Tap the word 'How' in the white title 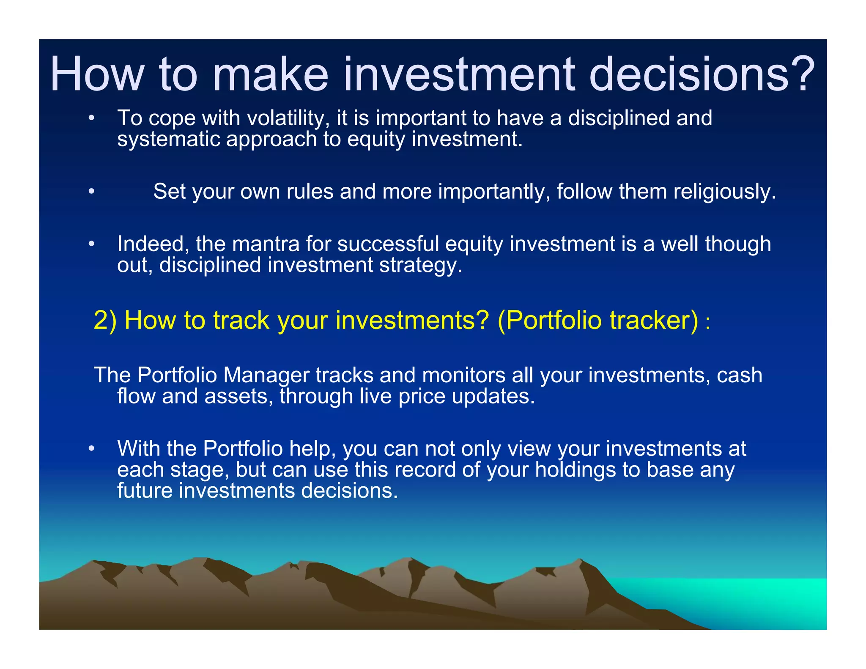click(97, 74)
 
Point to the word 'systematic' click(168, 140)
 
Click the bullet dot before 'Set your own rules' click(91, 192)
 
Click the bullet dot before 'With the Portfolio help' click(91, 449)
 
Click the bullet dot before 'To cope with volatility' click(91, 118)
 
